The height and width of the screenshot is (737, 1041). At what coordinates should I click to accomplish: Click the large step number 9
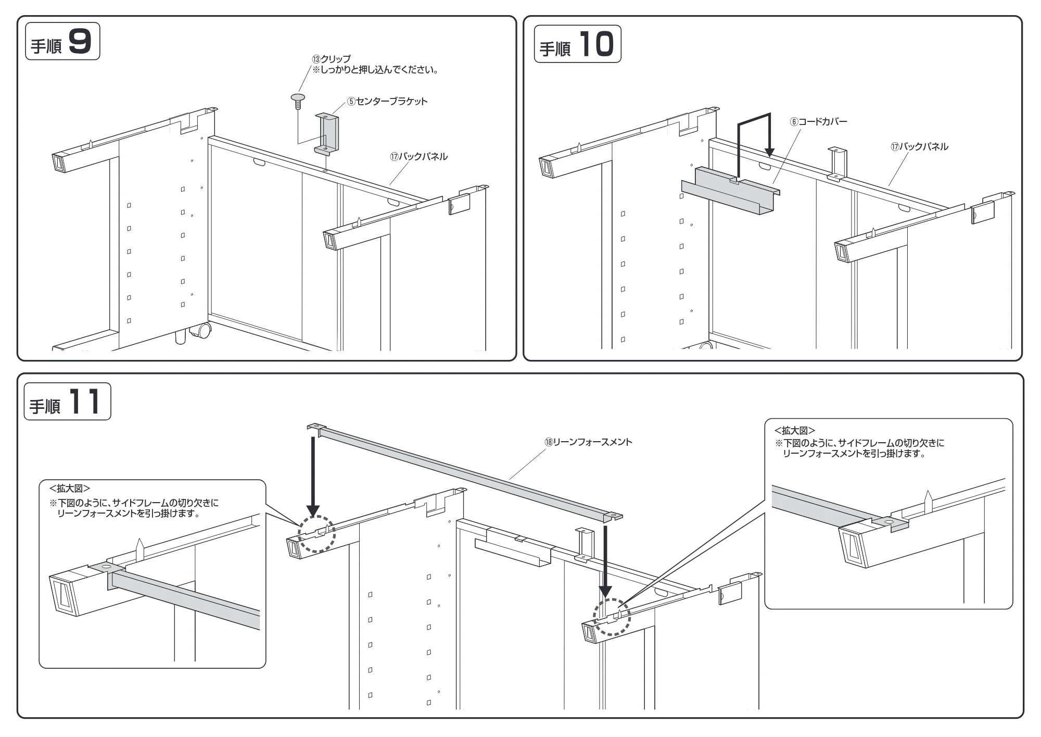click(80, 41)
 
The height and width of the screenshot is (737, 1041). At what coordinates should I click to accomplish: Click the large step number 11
click(84, 402)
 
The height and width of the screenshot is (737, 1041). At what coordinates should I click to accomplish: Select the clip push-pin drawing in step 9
click(298, 101)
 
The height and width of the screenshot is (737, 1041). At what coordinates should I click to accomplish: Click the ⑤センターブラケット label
click(387, 101)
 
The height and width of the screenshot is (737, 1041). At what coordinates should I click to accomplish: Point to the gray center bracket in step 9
click(327, 134)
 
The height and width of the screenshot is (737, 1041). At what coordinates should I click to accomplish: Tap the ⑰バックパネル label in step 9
click(418, 156)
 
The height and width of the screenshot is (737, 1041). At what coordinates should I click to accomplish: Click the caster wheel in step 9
click(201, 330)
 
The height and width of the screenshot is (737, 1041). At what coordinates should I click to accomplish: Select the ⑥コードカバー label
click(819, 122)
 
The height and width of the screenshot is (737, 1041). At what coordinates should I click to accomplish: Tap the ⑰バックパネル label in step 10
click(919, 147)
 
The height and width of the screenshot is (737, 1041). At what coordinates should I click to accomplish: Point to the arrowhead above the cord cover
click(769, 152)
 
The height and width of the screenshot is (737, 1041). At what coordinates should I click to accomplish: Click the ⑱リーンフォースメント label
click(588, 442)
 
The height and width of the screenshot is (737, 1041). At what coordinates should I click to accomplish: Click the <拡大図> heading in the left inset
click(70, 489)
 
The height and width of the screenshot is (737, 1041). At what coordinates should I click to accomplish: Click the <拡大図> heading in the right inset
click(795, 431)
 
